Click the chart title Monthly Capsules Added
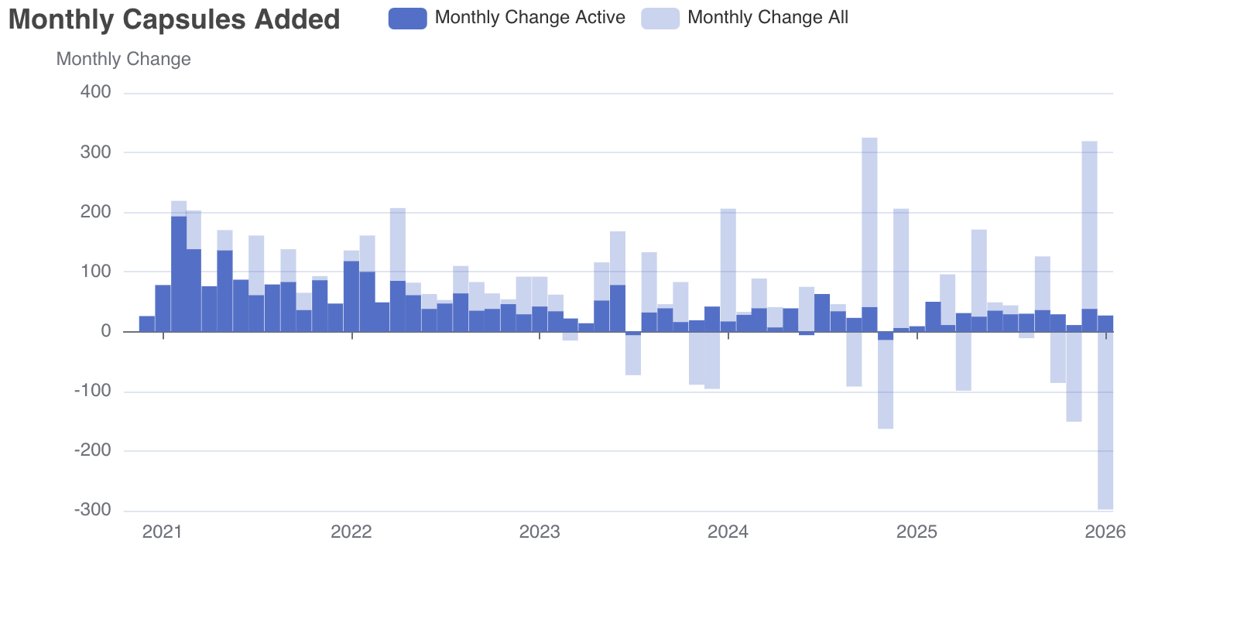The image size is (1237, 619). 174,19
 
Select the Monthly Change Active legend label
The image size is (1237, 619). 529,18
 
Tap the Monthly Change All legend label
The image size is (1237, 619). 767,18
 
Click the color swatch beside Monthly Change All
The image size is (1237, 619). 660,19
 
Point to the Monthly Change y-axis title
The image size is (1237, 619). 123,60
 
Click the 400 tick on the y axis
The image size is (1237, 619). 95,92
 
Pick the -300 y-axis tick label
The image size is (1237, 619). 92,511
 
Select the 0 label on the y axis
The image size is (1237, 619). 105,331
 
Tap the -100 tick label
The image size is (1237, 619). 92,392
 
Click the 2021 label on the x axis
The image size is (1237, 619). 163,532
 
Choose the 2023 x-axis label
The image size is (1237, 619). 540,532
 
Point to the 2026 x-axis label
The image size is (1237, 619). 1105,532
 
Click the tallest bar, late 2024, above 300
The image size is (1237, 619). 869,232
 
